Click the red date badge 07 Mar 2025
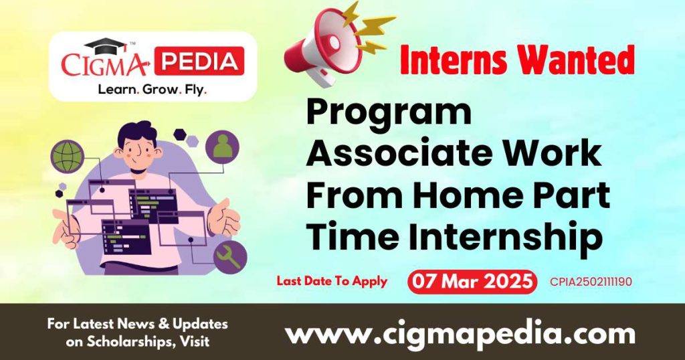pyautogui.click(x=472, y=282)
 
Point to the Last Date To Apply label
pyautogui.click(x=332, y=281)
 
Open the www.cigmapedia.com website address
pyautogui.click(x=460, y=333)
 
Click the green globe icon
pyautogui.click(x=67, y=155)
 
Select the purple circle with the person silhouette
pyautogui.click(x=222, y=145)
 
